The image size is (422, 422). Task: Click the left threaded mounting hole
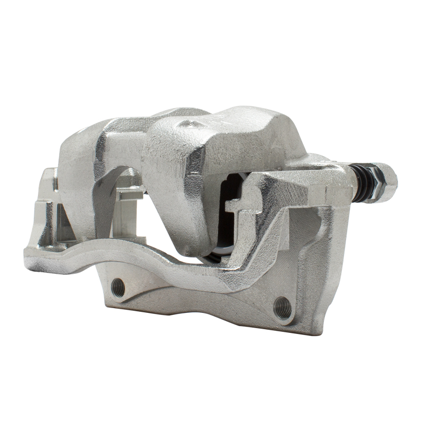coord(119,287)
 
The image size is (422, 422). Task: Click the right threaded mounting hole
coord(283,308)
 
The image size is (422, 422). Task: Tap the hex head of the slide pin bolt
coord(383,182)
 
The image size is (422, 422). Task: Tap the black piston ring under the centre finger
coord(213,257)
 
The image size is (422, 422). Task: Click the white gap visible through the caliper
coord(153,222)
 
